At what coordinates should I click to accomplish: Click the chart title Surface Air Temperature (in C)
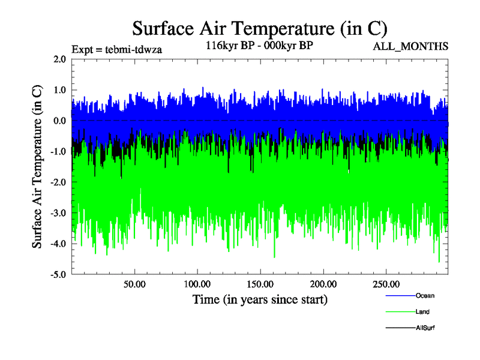(x=259, y=28)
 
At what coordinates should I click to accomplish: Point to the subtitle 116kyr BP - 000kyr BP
(x=259, y=45)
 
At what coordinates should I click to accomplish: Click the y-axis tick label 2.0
(x=59, y=59)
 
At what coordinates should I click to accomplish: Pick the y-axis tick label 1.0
(x=59, y=90)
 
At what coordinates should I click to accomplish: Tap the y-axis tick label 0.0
(x=59, y=121)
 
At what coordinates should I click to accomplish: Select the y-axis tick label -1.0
(x=58, y=152)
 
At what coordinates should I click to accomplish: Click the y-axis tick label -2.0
(x=58, y=182)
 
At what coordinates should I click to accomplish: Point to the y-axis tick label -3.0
(x=58, y=213)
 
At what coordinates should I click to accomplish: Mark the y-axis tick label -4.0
(x=58, y=244)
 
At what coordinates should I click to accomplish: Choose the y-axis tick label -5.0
(x=58, y=275)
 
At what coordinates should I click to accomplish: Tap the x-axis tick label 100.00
(x=197, y=284)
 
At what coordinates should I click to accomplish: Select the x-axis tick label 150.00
(x=260, y=284)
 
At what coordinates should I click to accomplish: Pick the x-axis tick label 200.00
(x=323, y=284)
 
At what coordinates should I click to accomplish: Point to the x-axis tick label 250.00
(x=386, y=284)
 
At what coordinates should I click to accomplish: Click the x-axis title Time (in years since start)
(x=260, y=299)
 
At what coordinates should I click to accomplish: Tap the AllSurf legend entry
(x=425, y=328)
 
